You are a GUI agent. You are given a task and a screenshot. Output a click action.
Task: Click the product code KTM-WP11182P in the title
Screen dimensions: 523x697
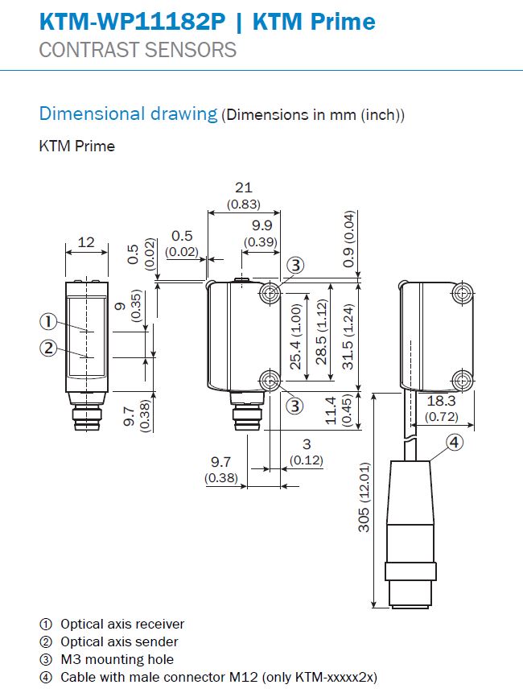pos(133,22)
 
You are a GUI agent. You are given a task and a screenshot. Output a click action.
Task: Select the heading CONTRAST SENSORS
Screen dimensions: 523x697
pos(138,50)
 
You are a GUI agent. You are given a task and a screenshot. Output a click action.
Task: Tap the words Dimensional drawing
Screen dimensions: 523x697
pos(128,113)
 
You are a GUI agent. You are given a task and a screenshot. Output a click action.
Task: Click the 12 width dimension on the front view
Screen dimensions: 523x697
pos(86,242)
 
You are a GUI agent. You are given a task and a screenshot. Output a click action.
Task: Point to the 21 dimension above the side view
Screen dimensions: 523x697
pos(244,188)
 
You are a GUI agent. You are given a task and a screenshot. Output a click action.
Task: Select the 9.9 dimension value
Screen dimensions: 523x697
pos(261,225)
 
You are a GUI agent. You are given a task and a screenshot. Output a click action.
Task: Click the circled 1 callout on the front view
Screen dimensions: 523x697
pos(48,321)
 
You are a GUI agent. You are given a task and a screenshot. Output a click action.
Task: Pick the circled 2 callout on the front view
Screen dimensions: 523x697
pos(48,348)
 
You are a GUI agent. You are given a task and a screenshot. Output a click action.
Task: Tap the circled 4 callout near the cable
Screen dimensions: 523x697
pos(454,443)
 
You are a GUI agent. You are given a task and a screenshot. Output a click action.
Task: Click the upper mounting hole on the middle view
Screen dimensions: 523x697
pos(270,293)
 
